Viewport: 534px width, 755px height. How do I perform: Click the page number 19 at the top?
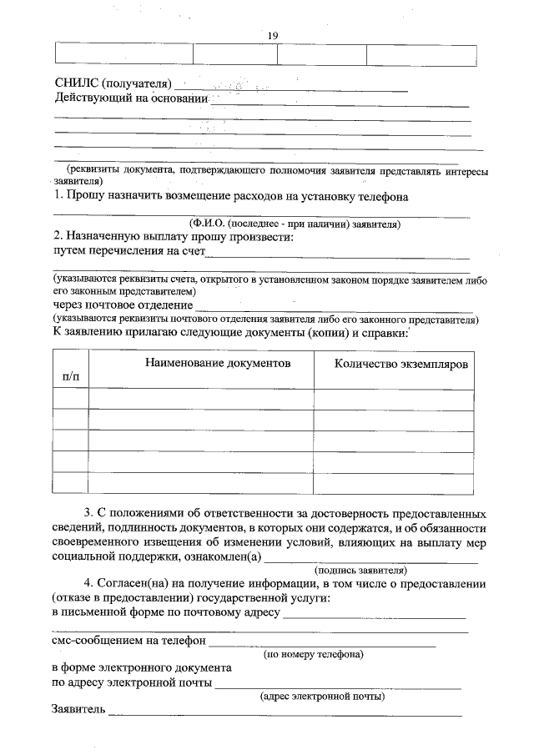(272, 34)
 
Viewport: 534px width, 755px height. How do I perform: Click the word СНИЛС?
(76, 84)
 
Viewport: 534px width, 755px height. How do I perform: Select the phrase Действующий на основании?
(130, 99)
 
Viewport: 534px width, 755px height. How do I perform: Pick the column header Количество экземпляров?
(401, 365)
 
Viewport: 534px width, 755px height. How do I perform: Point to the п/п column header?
(71, 377)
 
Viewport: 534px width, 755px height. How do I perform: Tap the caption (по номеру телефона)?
(313, 655)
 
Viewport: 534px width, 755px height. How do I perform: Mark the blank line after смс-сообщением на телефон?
(322, 644)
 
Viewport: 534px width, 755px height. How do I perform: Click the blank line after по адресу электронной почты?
(338, 685)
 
